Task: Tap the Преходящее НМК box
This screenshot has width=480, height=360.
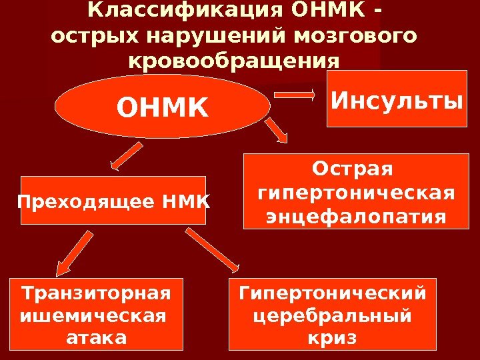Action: pos(113,199)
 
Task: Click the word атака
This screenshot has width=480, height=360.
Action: pos(97,338)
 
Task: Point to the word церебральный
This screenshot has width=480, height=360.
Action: pos(332,315)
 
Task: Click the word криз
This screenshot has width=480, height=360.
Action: pos(332,338)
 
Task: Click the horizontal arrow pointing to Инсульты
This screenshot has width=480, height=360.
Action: pos(296,95)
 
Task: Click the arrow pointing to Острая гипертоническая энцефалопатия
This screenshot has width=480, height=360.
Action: pos(278,131)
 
